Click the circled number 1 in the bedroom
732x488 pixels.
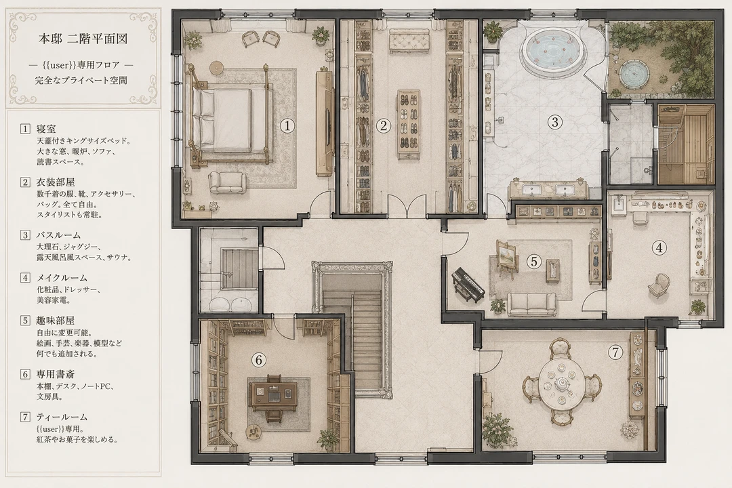(x=287, y=125)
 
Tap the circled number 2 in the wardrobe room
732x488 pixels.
(x=383, y=125)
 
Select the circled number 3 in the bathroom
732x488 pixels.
(x=554, y=123)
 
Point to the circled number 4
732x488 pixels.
(x=659, y=248)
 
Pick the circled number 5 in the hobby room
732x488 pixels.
(x=535, y=262)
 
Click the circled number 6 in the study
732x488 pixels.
(x=258, y=360)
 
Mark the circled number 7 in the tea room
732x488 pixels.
(x=615, y=352)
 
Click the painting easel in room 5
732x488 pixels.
(x=506, y=257)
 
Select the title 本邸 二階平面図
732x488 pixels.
(x=83, y=38)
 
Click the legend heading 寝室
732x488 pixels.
(x=46, y=129)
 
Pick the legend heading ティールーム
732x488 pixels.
(x=62, y=417)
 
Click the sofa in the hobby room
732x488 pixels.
(x=532, y=304)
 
